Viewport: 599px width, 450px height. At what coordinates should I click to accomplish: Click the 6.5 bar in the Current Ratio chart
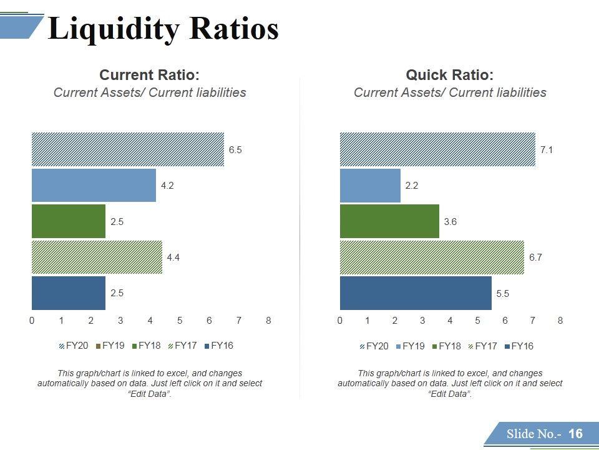[128, 149]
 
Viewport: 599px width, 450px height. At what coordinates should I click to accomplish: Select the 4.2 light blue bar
[94, 185]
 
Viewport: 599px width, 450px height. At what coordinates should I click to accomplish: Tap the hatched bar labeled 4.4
[97, 257]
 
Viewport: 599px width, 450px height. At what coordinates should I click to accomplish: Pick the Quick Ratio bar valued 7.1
[437, 149]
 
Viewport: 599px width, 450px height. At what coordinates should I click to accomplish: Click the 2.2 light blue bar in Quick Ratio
[370, 186]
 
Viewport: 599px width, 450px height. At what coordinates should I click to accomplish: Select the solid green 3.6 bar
[389, 221]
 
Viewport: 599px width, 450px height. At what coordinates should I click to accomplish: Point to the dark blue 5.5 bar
[416, 292]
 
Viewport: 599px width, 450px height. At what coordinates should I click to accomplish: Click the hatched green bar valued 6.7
[432, 257]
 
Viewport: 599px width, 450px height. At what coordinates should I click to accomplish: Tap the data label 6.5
[235, 150]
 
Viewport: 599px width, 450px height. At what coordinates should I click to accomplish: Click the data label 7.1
[547, 150]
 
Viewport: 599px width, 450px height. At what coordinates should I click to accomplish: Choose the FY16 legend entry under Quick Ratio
[522, 346]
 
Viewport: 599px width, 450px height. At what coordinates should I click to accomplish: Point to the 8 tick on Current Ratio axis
[268, 321]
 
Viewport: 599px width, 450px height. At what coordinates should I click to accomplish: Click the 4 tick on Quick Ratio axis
[450, 321]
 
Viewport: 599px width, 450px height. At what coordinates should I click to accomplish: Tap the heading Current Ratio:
[150, 76]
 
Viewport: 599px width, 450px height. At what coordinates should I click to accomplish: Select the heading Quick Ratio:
[449, 76]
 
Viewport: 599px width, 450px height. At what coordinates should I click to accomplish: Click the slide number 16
[575, 434]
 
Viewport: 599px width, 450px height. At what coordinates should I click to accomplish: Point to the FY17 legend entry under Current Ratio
[185, 345]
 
